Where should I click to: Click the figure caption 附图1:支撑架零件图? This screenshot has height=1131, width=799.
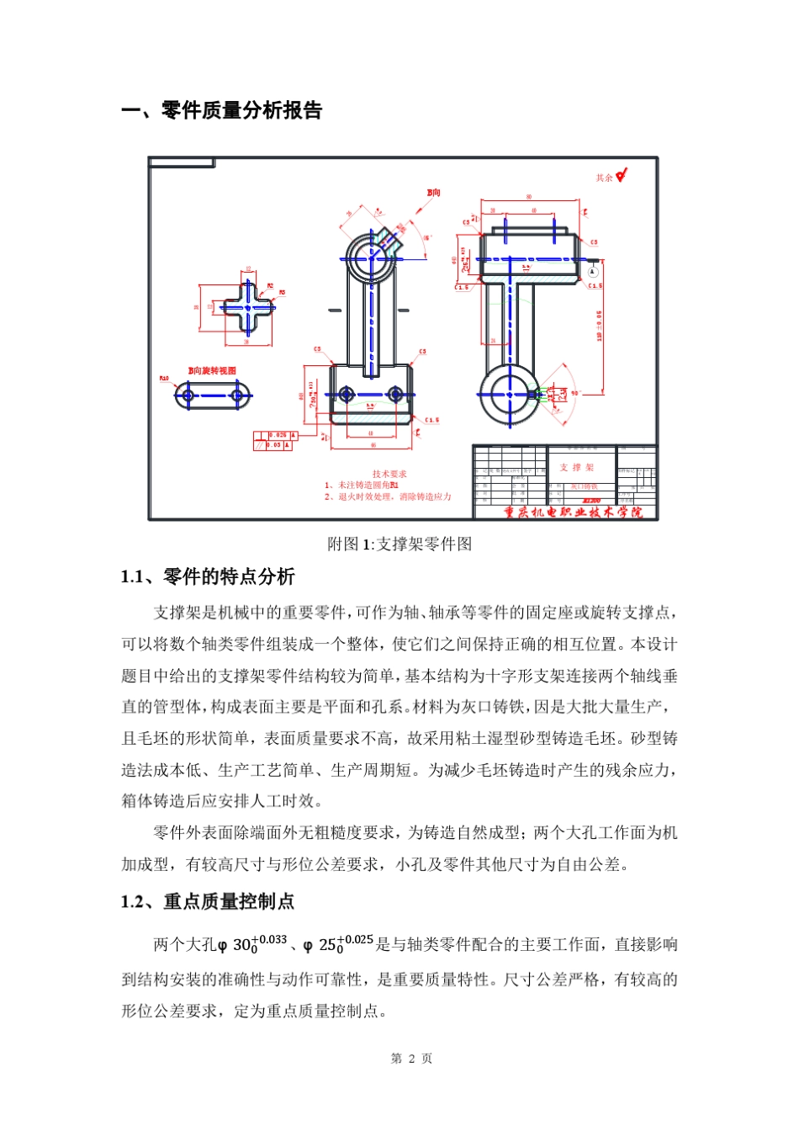point(399,544)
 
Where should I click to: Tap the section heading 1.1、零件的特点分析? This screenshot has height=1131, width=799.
point(208,577)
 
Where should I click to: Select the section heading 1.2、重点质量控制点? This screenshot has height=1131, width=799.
point(208,902)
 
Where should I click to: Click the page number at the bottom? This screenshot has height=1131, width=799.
point(411,1059)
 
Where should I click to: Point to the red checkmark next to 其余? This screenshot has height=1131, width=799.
point(621,176)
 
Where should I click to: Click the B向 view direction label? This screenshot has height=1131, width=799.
point(433,193)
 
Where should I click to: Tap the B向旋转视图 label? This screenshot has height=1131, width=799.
point(212,370)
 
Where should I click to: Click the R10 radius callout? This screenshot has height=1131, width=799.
point(164,379)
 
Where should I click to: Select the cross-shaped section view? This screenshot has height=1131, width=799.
point(247,308)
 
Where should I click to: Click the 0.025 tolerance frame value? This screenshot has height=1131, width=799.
point(278,435)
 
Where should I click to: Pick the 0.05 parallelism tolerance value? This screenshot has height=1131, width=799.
point(275,445)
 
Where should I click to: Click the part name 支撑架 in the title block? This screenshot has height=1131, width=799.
point(577,467)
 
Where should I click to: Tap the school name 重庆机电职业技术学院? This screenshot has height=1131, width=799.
point(573,512)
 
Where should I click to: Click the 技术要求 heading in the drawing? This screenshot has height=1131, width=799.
point(389,474)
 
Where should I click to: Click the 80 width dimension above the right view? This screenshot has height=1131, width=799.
point(529,198)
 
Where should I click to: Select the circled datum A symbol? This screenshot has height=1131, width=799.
point(592,272)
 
